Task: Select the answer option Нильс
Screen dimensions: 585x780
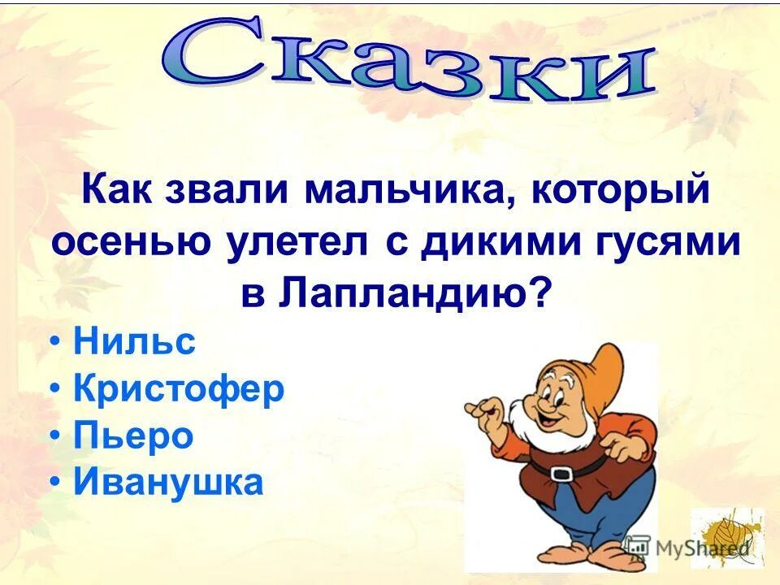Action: [x=134, y=342]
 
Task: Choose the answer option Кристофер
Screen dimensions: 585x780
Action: [x=179, y=389]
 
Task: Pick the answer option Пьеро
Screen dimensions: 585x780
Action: [x=133, y=436]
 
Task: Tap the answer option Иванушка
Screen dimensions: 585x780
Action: [x=168, y=483]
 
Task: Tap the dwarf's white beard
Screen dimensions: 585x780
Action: [x=552, y=431]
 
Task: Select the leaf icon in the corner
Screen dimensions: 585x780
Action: [x=727, y=537]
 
